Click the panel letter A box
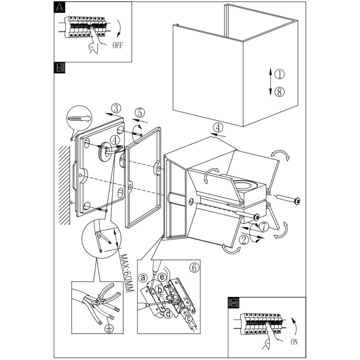(59, 7)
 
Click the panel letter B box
(59, 67)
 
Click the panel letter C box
(233, 303)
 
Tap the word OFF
(118, 45)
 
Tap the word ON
(294, 342)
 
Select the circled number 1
(280, 74)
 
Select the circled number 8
(280, 92)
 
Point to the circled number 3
(116, 108)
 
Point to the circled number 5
(139, 113)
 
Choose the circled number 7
(263, 226)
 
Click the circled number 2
(244, 240)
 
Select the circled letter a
(144, 277)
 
